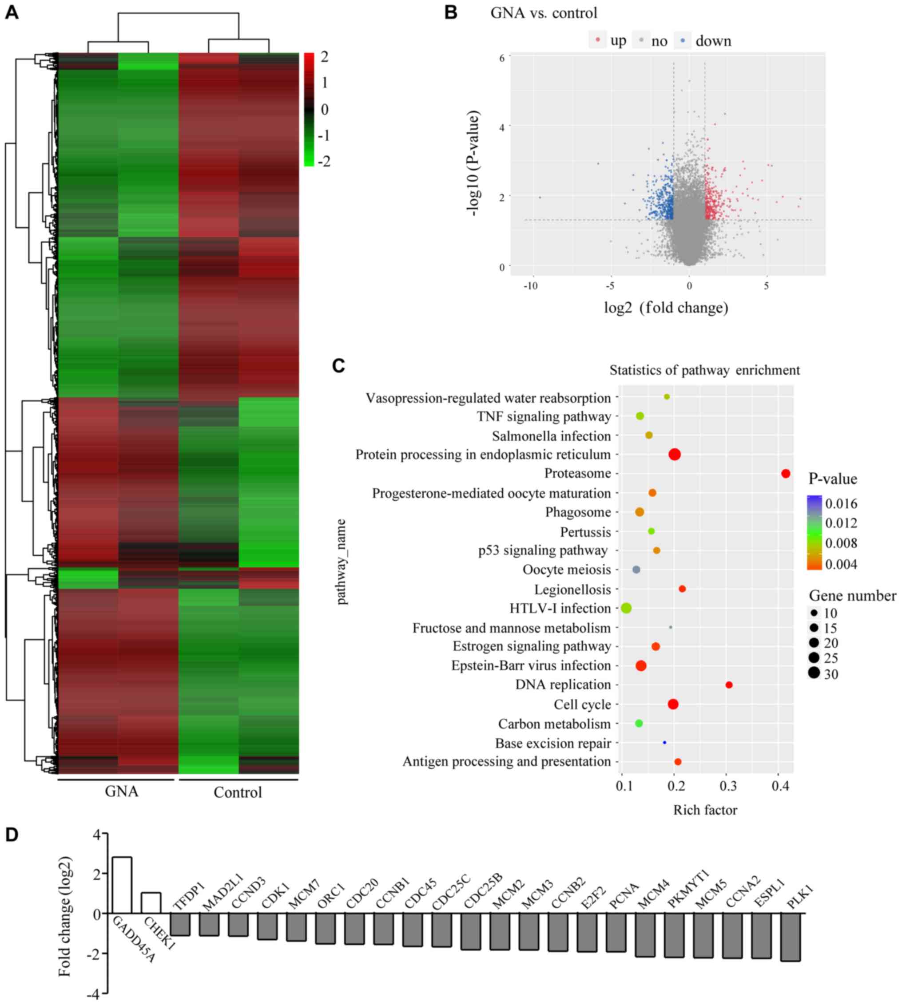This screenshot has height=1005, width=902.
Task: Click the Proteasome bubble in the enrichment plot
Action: pyautogui.click(x=786, y=474)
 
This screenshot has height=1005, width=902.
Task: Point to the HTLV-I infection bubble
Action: pyautogui.click(x=627, y=608)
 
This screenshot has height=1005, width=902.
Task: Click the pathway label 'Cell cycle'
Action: pyautogui.click(x=582, y=704)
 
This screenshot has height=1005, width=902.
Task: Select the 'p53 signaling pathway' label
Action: pyautogui.click(x=543, y=550)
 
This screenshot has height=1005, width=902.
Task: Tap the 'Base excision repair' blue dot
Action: pyautogui.click(x=664, y=743)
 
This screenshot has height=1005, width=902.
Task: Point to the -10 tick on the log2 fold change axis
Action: pyautogui.click(x=531, y=286)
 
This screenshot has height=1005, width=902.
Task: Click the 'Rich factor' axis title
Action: pyautogui.click(x=705, y=810)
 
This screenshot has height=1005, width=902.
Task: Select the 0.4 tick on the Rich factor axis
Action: pyautogui.click(x=779, y=786)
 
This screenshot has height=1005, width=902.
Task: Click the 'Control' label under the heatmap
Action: pyautogui.click(x=238, y=792)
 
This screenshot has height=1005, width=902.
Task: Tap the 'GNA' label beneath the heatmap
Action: pyautogui.click(x=121, y=791)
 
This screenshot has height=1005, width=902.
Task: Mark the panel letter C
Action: pyautogui.click(x=338, y=366)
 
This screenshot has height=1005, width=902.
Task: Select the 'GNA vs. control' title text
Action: pyautogui.click(x=544, y=13)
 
